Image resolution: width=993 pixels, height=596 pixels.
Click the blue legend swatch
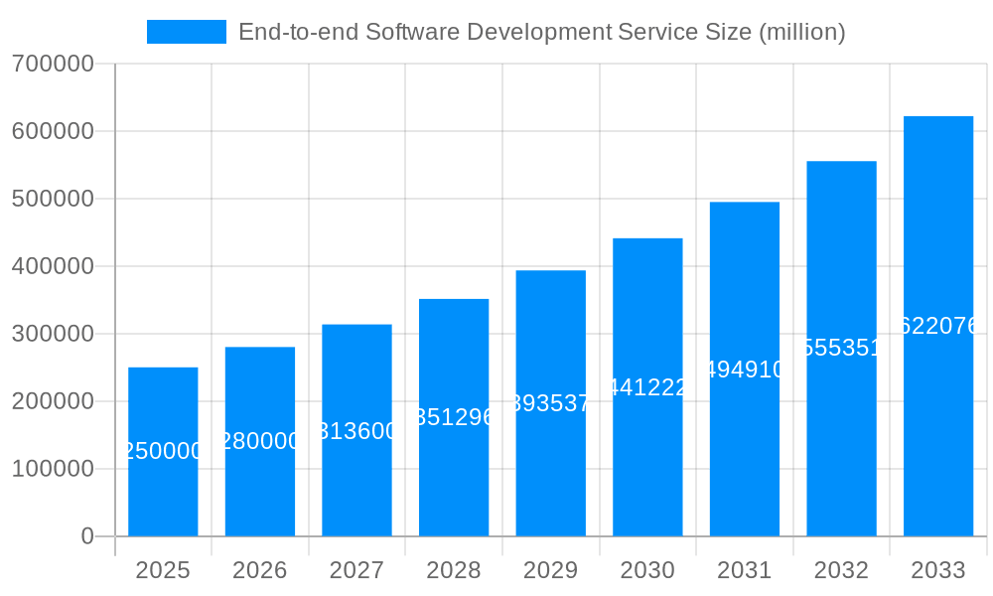(x=187, y=32)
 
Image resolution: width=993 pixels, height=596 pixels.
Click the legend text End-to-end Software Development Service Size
(x=541, y=32)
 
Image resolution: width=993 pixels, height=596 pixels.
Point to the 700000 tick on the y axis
(x=53, y=64)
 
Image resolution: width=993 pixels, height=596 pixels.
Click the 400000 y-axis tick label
(x=53, y=266)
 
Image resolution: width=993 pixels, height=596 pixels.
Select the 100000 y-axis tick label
(x=53, y=469)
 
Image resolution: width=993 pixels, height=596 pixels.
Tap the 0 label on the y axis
(x=86, y=536)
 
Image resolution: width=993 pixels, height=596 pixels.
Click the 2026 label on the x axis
(x=259, y=570)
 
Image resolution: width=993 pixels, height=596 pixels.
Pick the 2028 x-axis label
(x=453, y=570)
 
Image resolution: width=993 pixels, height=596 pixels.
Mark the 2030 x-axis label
(x=647, y=570)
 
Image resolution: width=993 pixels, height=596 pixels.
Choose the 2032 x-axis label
(x=841, y=570)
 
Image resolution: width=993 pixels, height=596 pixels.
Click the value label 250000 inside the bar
(x=163, y=451)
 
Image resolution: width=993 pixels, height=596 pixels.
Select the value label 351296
(x=454, y=417)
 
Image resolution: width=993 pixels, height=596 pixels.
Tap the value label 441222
(x=647, y=387)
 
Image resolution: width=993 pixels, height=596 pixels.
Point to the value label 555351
(x=841, y=348)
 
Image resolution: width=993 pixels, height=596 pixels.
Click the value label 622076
(x=937, y=326)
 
